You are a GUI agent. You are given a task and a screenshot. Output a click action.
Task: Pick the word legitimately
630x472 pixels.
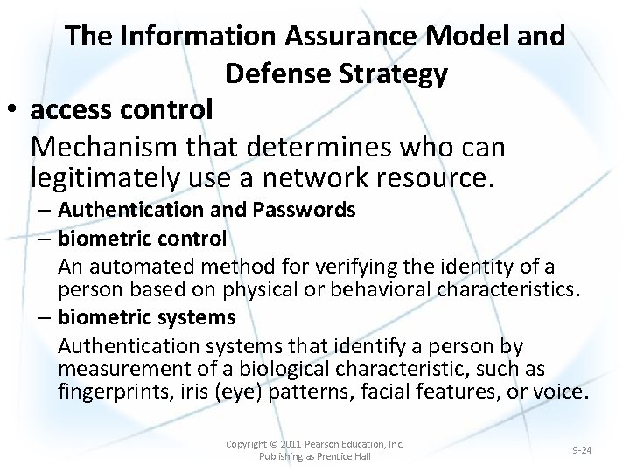(106, 178)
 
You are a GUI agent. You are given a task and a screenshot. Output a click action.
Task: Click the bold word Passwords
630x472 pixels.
(308, 210)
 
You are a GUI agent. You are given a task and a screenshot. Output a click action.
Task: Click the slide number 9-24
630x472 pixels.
(582, 450)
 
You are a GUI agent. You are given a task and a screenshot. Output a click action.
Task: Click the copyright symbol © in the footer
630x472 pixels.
(272, 444)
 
